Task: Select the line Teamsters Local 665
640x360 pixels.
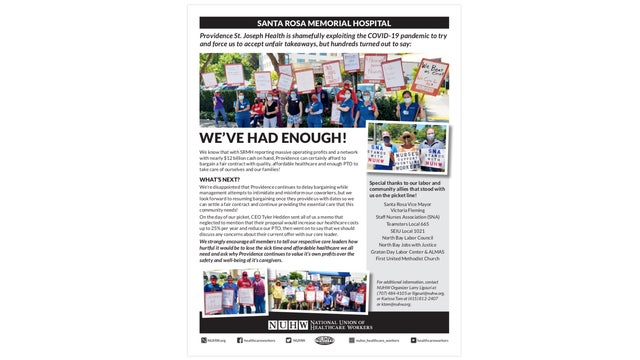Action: pyautogui.click(x=404, y=223)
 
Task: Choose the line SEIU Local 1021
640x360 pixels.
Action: pyautogui.click(x=404, y=230)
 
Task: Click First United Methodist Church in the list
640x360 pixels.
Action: pyautogui.click(x=404, y=258)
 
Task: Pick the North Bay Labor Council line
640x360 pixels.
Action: pyautogui.click(x=404, y=237)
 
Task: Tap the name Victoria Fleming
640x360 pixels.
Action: pyautogui.click(x=404, y=209)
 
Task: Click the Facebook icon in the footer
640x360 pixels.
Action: pyautogui.click(x=240, y=340)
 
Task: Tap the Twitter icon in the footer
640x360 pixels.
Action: pyautogui.click(x=288, y=340)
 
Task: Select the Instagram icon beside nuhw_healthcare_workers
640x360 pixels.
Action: pyautogui.click(x=351, y=340)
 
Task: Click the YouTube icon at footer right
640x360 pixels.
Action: pyautogui.click(x=413, y=340)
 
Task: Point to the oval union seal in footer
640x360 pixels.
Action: pyautogui.click(x=324, y=340)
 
